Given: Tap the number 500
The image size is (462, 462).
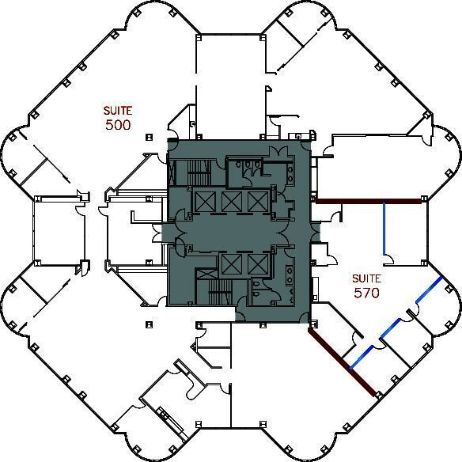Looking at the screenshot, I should pyautogui.click(x=117, y=125).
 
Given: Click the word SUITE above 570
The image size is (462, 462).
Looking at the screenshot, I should pyautogui.click(x=367, y=278).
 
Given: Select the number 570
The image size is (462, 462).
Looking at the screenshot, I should pyautogui.click(x=367, y=292).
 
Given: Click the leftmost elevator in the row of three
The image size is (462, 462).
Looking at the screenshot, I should pyautogui.click(x=205, y=201).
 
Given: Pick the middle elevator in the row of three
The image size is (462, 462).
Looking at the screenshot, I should pyautogui.click(x=231, y=201).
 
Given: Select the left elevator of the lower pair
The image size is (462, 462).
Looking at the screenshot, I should pyautogui.click(x=232, y=264).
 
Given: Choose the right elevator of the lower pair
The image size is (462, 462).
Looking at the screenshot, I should pyautogui.click(x=258, y=264).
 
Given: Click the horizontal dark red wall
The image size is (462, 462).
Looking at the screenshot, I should pyautogui.click(x=367, y=201).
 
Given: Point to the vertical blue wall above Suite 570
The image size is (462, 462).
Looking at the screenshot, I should pyautogui.click(x=384, y=229).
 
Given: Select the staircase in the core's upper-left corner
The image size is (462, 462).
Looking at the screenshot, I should pyautogui.click(x=190, y=170).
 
